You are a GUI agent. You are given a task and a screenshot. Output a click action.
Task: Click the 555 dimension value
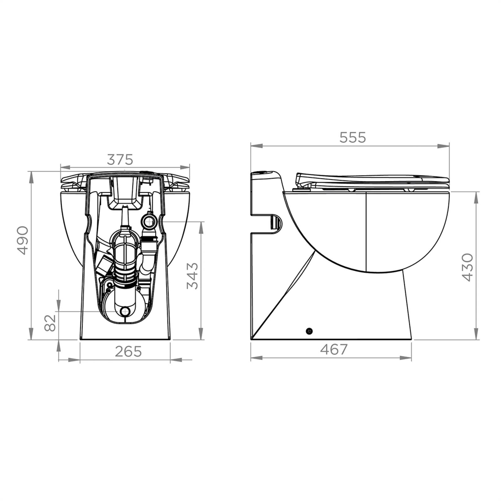pyautogui.click(x=353, y=137)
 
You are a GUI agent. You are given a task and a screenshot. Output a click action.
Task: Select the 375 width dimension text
pyautogui.click(x=120, y=160)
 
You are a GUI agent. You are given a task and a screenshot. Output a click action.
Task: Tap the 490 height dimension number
pyautogui.click(x=23, y=240)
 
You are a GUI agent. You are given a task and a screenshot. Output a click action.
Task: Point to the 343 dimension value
pyautogui.click(x=192, y=276)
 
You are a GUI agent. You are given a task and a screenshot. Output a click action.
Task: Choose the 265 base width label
pyautogui.click(x=128, y=352)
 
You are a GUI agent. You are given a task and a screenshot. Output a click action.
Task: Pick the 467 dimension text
pyautogui.click(x=334, y=350)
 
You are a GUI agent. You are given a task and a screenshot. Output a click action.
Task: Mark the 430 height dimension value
pyautogui.click(x=467, y=267)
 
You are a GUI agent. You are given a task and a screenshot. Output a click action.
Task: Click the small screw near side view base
pyautogui.click(x=309, y=331)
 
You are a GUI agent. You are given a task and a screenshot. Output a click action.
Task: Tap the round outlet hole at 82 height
pyautogui.click(x=125, y=311)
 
